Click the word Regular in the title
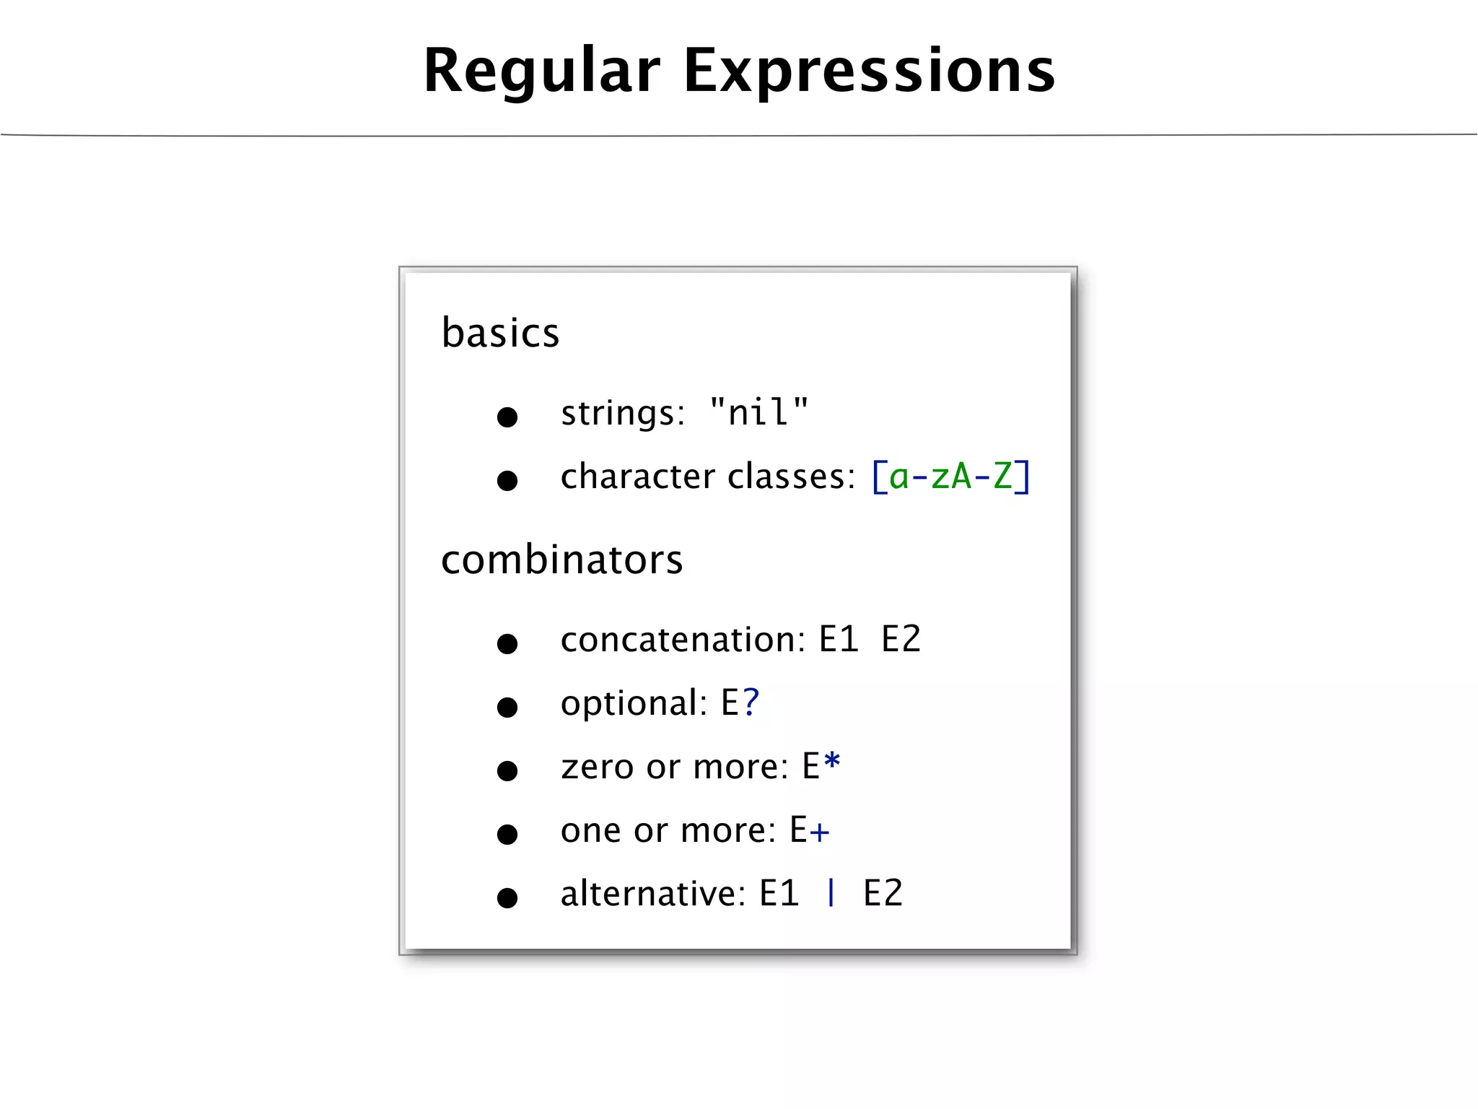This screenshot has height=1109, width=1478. coord(542,71)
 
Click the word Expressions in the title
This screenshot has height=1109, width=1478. coord(869,71)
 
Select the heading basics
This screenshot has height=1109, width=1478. coord(500,333)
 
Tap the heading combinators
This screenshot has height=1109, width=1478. coord(561,560)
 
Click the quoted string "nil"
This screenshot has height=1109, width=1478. coord(758,412)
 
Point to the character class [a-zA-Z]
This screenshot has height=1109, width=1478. coord(951,477)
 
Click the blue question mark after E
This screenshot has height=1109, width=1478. coord(751,702)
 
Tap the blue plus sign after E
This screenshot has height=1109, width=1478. coord(819,832)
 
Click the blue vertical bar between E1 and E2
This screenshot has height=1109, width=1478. coord(831,892)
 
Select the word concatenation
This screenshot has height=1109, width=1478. coord(683,640)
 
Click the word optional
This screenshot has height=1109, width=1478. coord(634,703)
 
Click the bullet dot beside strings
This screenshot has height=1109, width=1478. coord(507,417)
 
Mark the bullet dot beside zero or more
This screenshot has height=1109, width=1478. coord(507,770)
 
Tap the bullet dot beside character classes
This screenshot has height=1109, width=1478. coord(507,480)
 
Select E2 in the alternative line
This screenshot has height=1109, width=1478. coord(883,894)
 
